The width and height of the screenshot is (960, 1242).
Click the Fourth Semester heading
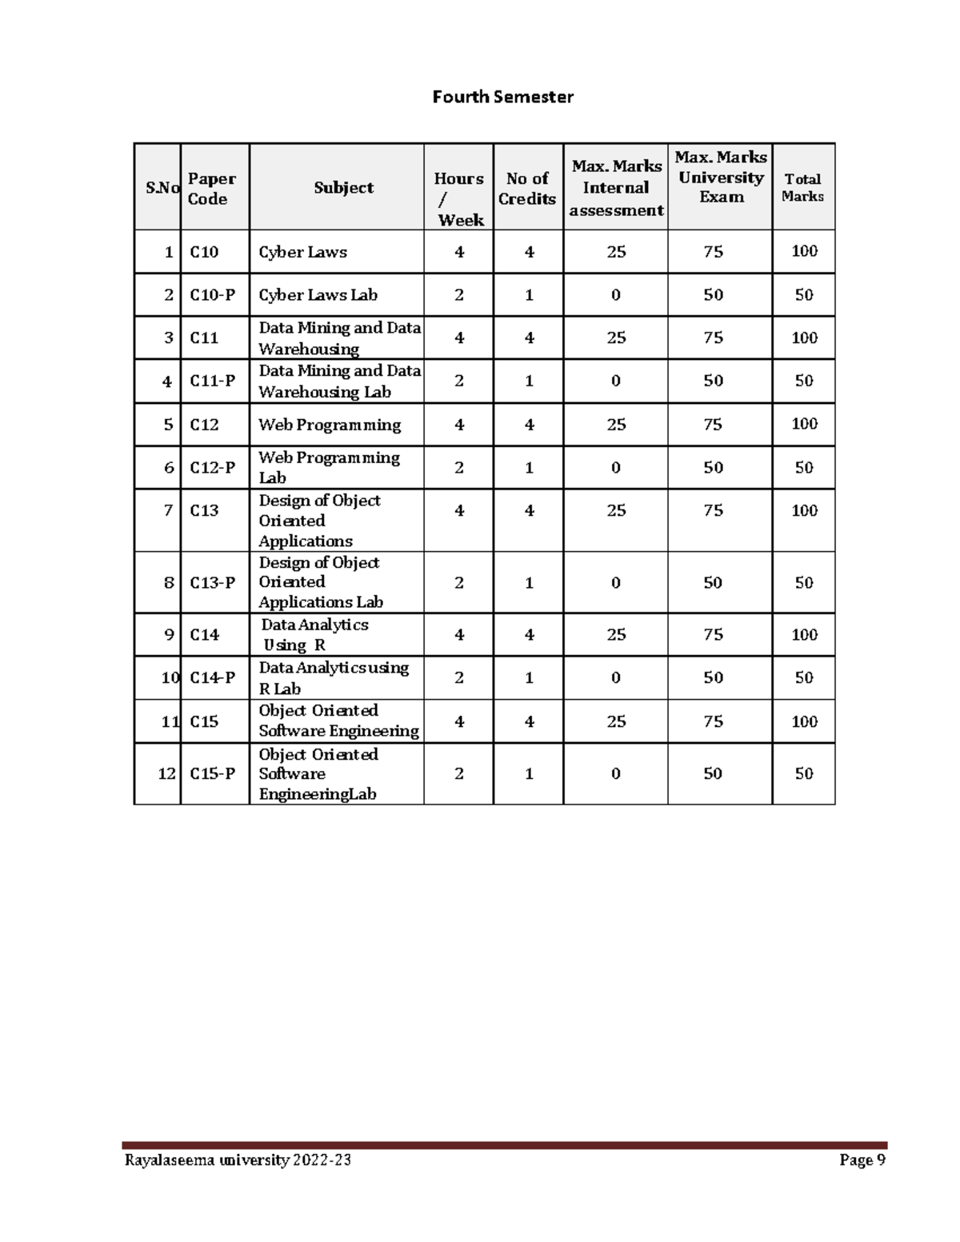point(502,97)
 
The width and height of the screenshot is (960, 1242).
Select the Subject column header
point(343,188)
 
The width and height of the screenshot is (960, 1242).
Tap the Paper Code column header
point(211,189)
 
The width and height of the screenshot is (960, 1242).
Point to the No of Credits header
point(527,189)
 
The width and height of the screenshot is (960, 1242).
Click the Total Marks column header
point(802,188)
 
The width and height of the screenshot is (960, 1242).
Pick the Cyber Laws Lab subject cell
point(318,295)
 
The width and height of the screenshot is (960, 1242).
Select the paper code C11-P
point(212,381)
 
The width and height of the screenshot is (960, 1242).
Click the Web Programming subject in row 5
point(330,425)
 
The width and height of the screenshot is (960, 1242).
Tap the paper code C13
point(204,510)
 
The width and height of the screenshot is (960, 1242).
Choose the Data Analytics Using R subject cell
point(314,635)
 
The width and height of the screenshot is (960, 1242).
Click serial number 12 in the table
point(166,773)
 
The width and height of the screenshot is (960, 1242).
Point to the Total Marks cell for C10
point(804,252)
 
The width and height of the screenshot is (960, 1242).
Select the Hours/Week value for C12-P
point(459,468)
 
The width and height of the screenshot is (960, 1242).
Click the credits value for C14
point(529,635)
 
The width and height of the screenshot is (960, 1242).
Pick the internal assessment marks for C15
point(616,721)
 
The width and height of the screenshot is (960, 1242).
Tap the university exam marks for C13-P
point(713,583)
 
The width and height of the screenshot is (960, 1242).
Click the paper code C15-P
point(212,773)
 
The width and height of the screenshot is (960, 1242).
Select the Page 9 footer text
point(862,1160)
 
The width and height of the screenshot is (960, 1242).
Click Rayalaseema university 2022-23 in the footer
point(238,1160)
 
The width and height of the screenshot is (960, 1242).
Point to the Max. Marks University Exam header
point(721,177)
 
